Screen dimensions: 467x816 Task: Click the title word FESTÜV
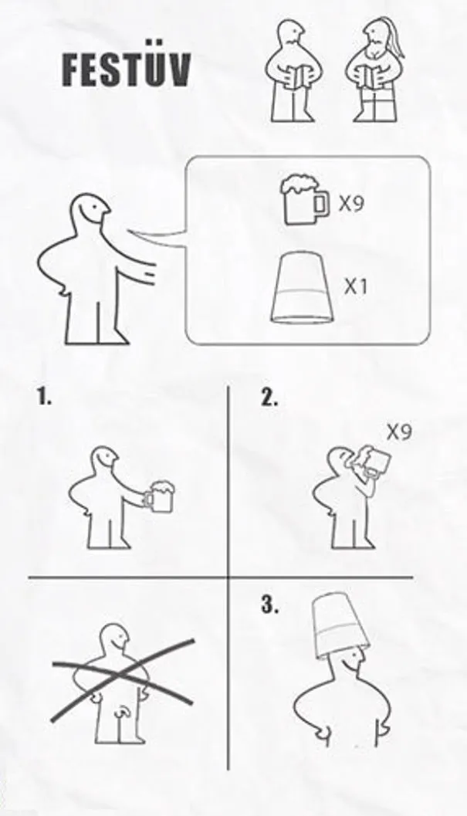coord(127,69)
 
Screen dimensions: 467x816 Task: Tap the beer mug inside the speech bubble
coord(305,201)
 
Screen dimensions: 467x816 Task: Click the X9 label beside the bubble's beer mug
coord(352,204)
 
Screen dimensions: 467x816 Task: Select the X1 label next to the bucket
coord(356,286)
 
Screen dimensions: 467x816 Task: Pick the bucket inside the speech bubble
coord(301,289)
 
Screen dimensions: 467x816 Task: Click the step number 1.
coord(44,398)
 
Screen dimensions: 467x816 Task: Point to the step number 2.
coord(269,398)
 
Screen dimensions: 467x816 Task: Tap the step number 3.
coord(269,604)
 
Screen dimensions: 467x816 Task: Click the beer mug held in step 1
coord(159,497)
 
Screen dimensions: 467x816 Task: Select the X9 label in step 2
coord(399,432)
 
